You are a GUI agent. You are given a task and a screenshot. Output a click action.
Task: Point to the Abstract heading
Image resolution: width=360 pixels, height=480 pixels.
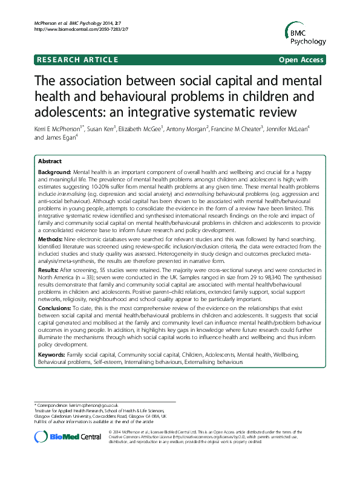click(50, 162)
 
